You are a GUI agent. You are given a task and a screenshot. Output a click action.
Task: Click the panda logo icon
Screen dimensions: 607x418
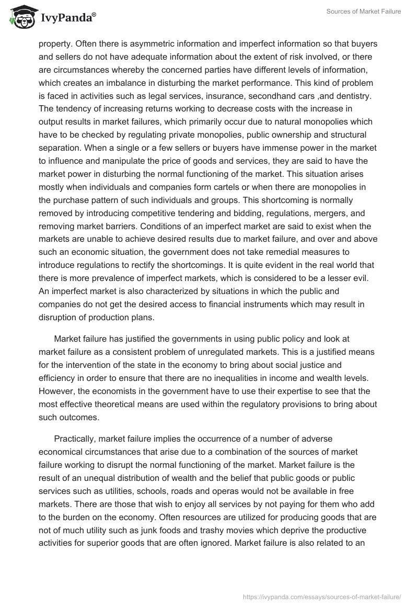[21, 17]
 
